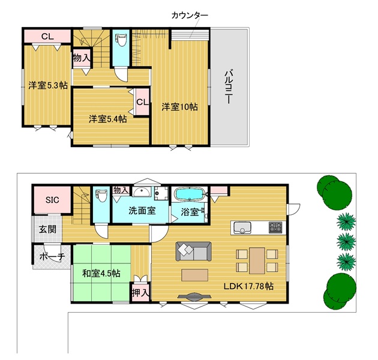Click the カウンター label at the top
[190, 16]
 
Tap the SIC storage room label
[52, 200]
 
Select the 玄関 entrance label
[47, 229]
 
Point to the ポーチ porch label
[52, 256]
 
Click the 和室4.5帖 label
[101, 274]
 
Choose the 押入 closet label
[140, 293]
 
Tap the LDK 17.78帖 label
[248, 286]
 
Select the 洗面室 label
[142, 211]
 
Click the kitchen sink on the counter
[242, 227]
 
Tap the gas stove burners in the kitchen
[275, 227]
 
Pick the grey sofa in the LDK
[194, 251]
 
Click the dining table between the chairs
[257, 260]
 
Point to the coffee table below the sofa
[195, 275]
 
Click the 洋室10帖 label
[179, 107]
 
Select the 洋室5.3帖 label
[48, 85]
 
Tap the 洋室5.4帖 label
[108, 119]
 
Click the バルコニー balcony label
[228, 87]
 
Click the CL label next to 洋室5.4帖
[142, 102]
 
